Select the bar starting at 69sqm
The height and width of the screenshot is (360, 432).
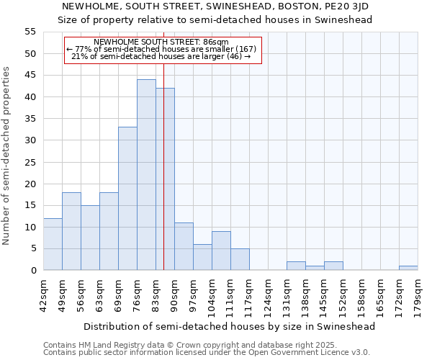pyautogui.click(x=127, y=199)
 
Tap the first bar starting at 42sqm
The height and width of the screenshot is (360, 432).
pyautogui.click(x=53, y=244)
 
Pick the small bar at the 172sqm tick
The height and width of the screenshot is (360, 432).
pyautogui.click(x=408, y=268)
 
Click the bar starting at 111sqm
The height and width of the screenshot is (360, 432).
pyautogui.click(x=240, y=259)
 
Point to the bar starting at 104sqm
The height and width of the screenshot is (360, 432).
pyautogui.click(x=221, y=251)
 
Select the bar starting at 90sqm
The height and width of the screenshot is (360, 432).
pyautogui.click(x=184, y=246)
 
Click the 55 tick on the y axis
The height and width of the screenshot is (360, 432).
pyautogui.click(x=30, y=32)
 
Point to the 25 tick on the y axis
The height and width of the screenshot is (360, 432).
pyautogui.click(x=30, y=162)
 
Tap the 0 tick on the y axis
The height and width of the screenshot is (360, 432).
pyautogui.click(x=33, y=271)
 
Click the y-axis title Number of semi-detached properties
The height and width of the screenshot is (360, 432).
pyautogui.click(x=7, y=156)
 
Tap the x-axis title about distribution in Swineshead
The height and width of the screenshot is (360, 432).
pyautogui.click(x=230, y=326)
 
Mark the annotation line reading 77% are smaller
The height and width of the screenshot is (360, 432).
pyautogui.click(x=161, y=49)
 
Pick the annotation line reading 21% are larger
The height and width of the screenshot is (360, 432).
pyautogui.click(x=161, y=56)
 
